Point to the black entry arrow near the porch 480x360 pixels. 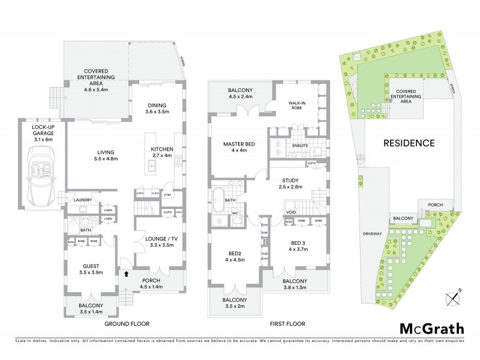point(126,275)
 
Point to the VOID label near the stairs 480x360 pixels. point(292,212)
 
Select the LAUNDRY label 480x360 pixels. point(83,200)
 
